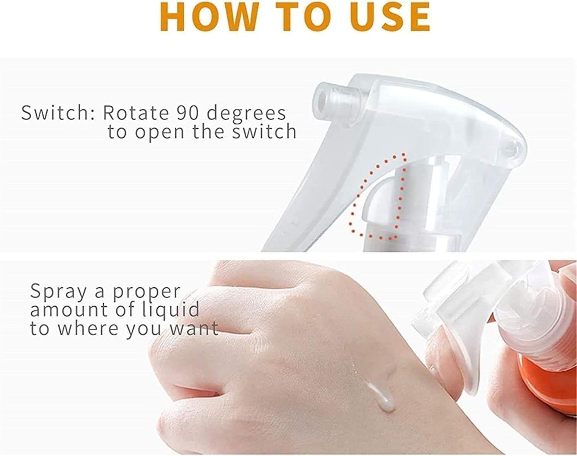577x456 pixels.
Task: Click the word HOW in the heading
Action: pos(209,17)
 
